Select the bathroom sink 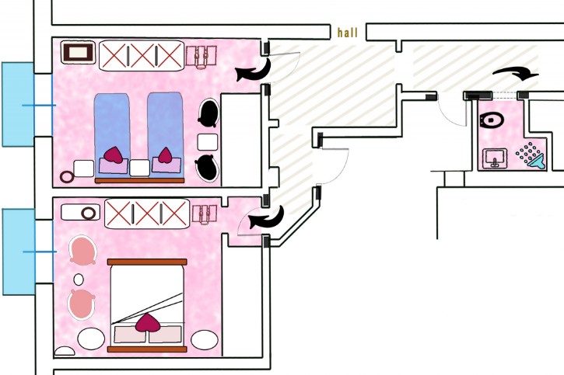click(495, 158)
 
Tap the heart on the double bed click(147, 324)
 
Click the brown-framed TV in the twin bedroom click(79, 54)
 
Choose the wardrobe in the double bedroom click(146, 211)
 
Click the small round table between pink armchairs click(79, 279)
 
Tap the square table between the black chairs click(208, 141)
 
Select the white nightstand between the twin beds click(139, 168)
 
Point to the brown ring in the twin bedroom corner click(67, 177)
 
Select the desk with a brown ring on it click(81, 211)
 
